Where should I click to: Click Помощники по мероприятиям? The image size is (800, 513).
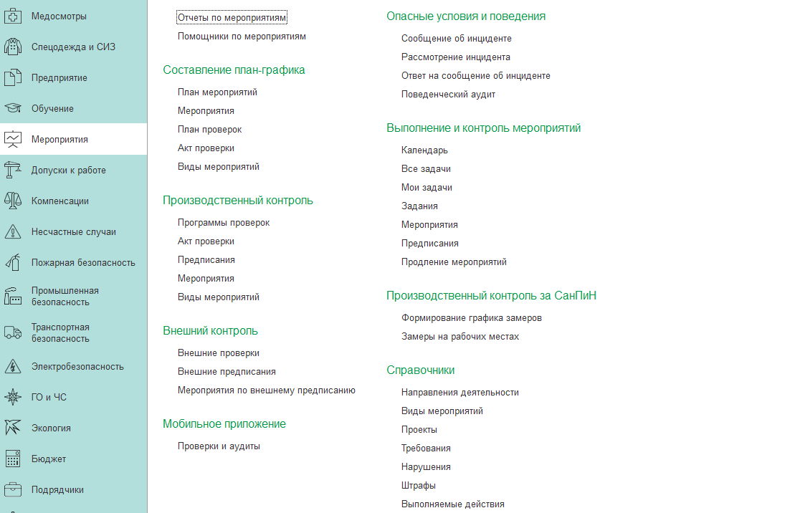242,36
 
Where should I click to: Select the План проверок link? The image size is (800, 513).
209,130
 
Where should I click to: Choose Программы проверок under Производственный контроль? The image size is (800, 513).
224,223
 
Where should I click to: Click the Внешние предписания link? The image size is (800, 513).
227,372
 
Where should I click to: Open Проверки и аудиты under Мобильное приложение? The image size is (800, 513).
219,446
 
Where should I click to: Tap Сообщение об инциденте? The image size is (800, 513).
456,39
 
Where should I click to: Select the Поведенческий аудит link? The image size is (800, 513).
448,95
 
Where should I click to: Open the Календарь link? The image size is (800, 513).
424,150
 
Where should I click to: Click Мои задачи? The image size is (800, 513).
427,188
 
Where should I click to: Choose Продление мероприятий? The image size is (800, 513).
454,262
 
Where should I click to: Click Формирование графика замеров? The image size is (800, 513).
471,318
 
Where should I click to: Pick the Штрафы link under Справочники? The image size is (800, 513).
419,486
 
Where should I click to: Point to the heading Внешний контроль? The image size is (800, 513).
210,331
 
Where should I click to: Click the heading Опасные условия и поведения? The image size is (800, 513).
465,16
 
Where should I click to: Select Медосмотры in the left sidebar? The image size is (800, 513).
59,16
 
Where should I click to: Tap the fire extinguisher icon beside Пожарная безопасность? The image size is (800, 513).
13,263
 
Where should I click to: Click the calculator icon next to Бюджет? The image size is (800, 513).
13,459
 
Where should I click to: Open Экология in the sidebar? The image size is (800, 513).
51,428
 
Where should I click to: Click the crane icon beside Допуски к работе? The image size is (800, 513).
13,171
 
